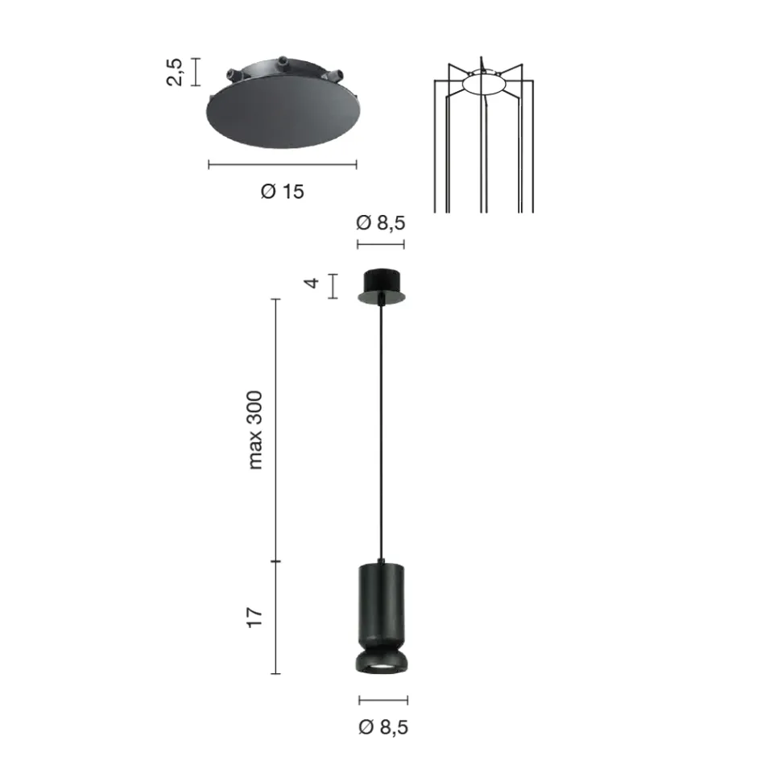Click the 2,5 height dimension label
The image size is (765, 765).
point(178,71)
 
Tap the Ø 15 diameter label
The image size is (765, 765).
point(283,192)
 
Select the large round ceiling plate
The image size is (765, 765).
point(281,116)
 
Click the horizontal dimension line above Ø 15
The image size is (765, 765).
point(282,164)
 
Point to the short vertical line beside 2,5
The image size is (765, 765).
point(199,71)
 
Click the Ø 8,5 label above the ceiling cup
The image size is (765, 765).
point(380,223)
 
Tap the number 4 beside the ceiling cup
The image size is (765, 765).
point(313,284)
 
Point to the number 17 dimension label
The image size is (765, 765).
point(255,618)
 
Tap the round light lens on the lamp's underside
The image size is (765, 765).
point(382,669)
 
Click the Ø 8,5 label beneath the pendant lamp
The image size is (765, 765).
point(383,728)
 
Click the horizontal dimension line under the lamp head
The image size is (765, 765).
point(383,700)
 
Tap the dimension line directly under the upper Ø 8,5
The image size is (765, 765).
point(380,244)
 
